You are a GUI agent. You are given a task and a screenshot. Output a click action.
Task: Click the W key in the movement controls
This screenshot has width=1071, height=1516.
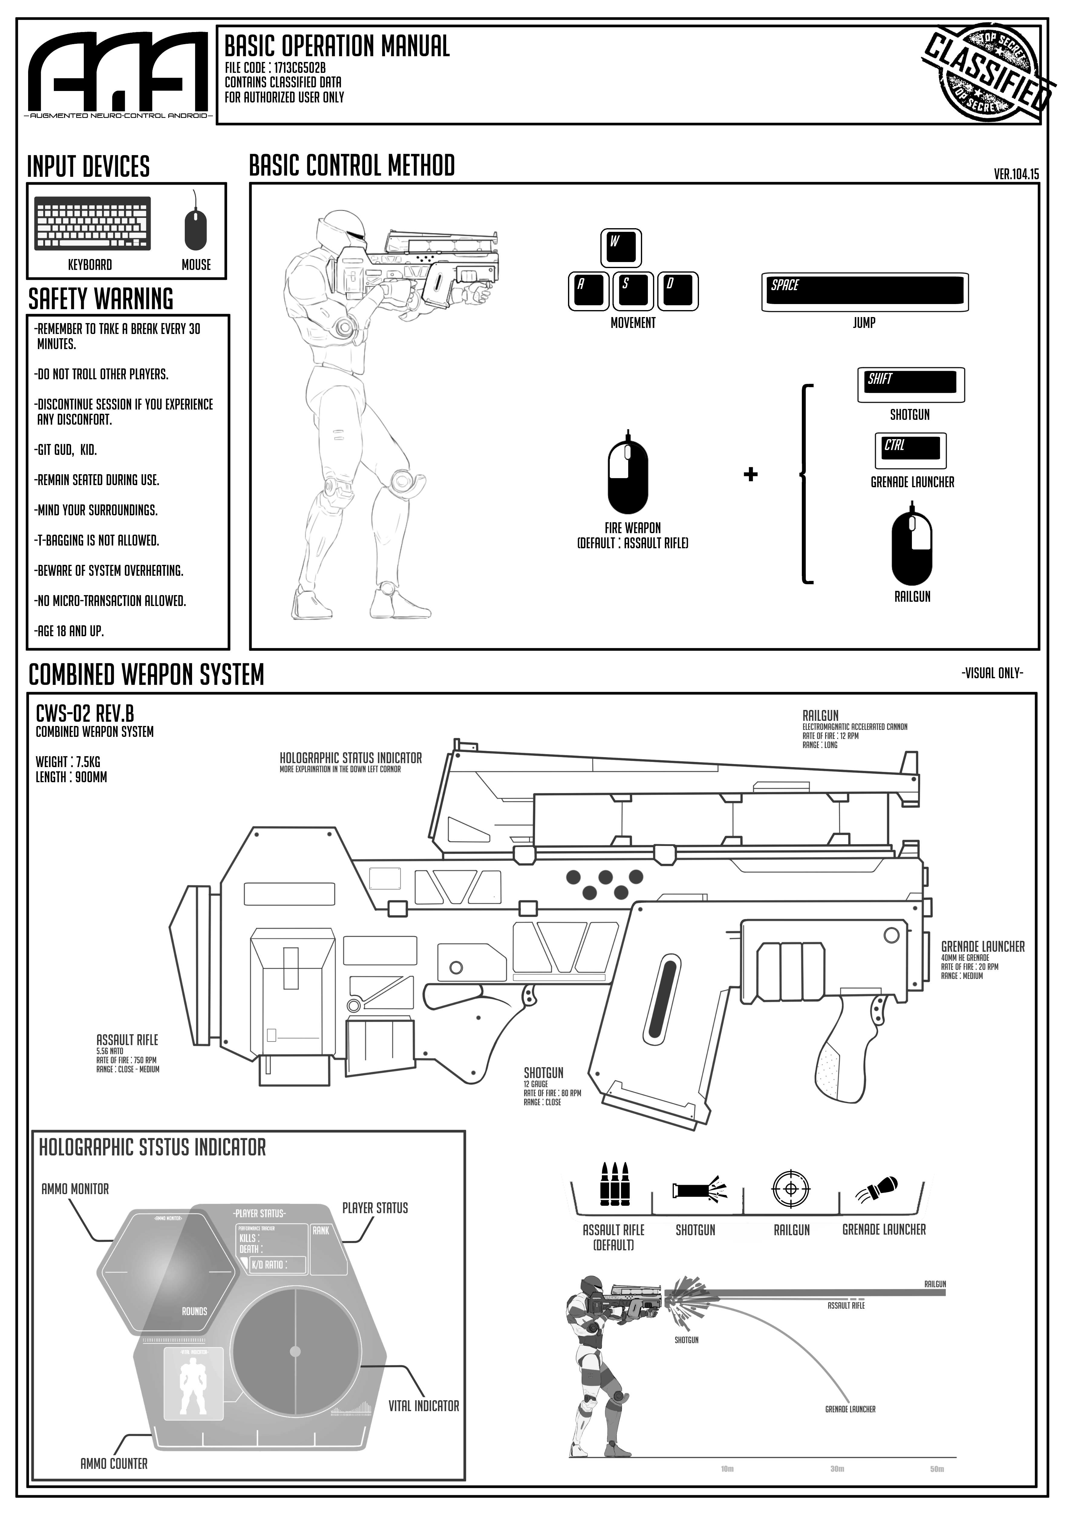[620, 246]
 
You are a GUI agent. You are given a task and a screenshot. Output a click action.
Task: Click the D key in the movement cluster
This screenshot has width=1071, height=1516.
[677, 290]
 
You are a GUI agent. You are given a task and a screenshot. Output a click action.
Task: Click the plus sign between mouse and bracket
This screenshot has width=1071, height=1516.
[750, 474]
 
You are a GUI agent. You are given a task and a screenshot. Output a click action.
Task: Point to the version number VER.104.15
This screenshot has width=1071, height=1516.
[1016, 174]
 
